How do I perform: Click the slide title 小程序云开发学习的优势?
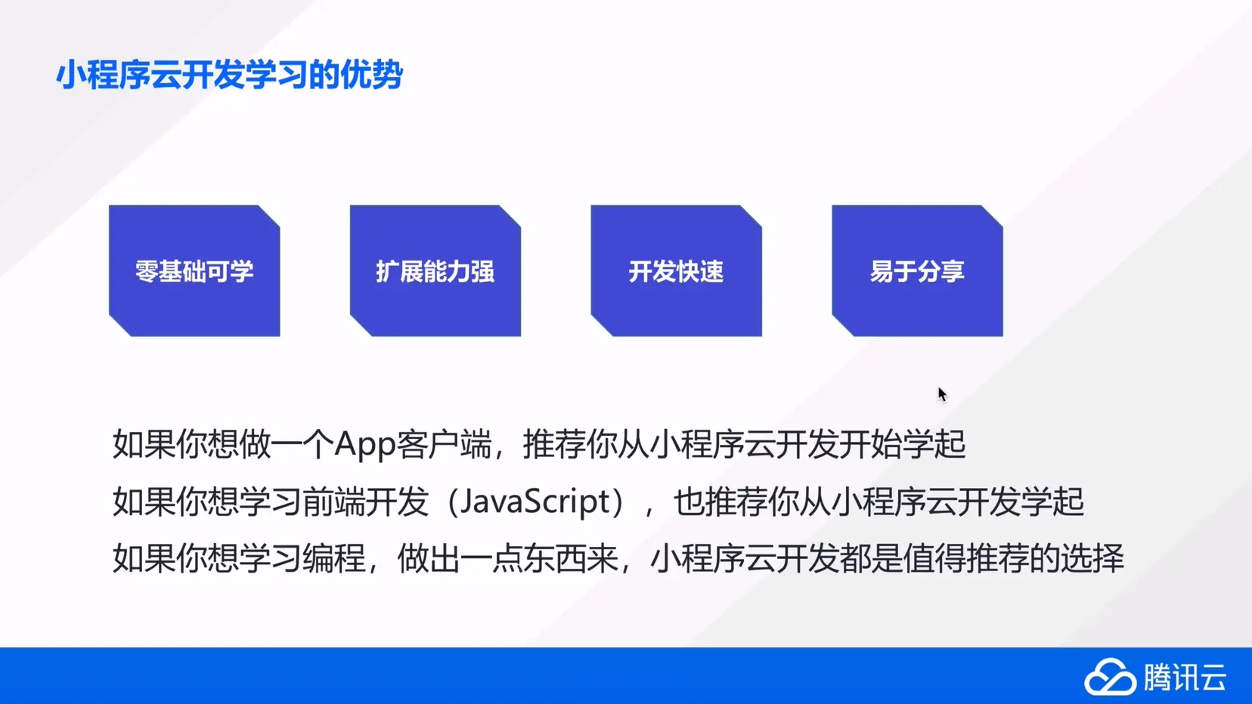click(229, 74)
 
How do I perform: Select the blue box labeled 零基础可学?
click(194, 270)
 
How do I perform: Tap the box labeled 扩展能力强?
click(435, 270)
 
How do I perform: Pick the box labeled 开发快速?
click(677, 270)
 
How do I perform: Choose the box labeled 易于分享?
click(917, 270)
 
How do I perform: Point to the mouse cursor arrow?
click(942, 394)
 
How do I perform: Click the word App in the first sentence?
click(365, 445)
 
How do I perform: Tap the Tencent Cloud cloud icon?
click(1110, 678)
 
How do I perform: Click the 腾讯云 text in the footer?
click(1185, 678)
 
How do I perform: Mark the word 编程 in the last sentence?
click(334, 557)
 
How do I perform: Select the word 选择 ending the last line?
click(1092, 557)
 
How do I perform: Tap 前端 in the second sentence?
click(334, 502)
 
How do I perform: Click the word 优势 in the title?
click(372, 74)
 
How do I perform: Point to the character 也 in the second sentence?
click(689, 502)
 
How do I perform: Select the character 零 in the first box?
click(147, 271)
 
